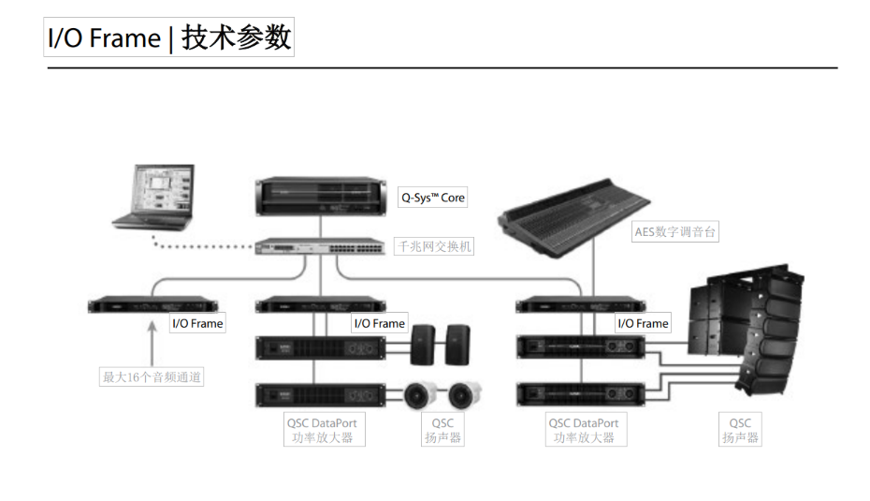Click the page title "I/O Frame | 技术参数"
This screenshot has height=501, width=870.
coord(169,38)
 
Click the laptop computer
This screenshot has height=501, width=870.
coord(154,197)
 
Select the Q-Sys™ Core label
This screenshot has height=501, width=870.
coord(432,198)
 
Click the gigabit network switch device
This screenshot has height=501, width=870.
coord(320,245)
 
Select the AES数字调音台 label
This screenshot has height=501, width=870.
coord(675,231)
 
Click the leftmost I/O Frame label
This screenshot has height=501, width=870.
coord(197,323)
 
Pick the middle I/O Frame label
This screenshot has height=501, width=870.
coord(379,323)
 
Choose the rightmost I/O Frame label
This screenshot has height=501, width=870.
coord(643,323)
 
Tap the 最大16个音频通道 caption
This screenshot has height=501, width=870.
coord(152,377)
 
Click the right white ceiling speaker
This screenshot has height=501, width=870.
coord(465,393)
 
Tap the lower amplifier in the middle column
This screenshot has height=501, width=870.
coord(320,394)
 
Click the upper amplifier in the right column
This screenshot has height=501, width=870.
coord(581,347)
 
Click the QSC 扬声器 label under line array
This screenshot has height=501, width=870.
coord(740,430)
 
